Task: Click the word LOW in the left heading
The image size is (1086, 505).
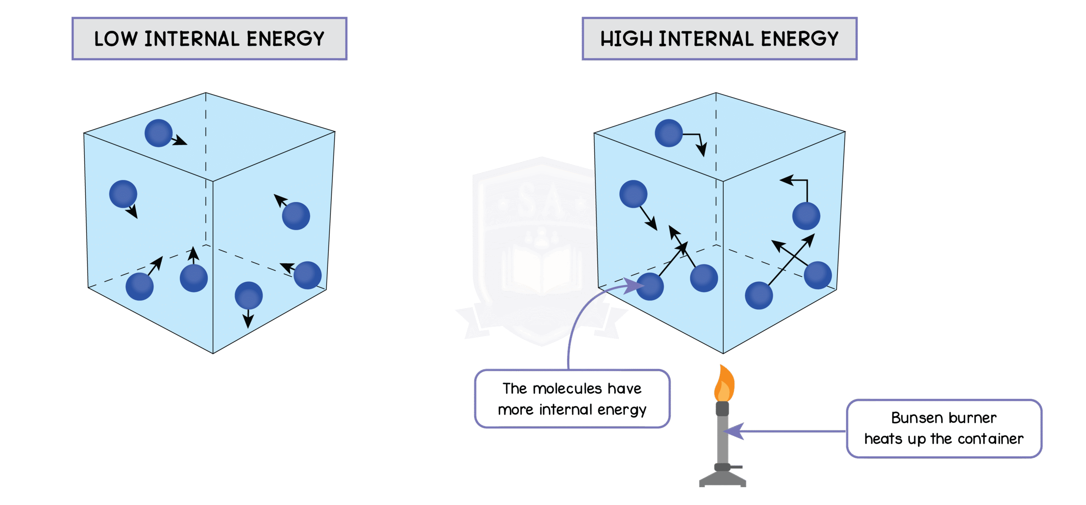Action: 115,39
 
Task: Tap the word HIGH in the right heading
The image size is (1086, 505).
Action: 626,39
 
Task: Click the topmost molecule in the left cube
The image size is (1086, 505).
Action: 158,133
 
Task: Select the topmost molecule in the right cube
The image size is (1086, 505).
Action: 669,133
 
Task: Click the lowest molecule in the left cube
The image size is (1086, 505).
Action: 249,295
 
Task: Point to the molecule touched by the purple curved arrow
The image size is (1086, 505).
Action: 650,286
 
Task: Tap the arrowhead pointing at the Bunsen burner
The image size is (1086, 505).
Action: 734,432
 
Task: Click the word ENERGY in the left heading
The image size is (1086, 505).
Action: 285,39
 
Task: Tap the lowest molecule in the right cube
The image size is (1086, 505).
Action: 759,295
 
